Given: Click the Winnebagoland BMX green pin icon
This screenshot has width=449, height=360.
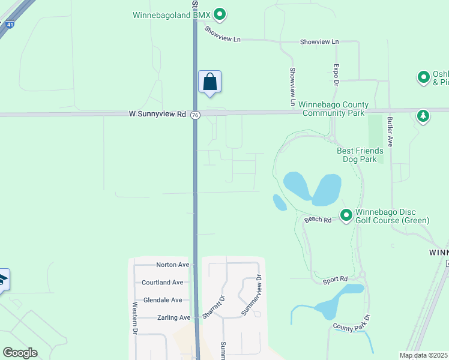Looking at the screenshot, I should (x=220, y=13).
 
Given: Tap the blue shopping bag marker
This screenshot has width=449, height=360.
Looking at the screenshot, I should (x=209, y=82).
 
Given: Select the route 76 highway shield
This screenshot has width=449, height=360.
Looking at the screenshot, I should (x=195, y=115).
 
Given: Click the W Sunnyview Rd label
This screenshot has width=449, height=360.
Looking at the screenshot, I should (x=157, y=113).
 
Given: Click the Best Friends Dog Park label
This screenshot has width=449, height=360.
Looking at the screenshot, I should (x=357, y=155).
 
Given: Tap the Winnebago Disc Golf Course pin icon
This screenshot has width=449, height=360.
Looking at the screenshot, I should (x=346, y=215).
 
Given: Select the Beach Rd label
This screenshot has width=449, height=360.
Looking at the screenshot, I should (x=318, y=220).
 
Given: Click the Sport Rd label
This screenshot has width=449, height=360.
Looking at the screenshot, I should (x=335, y=279).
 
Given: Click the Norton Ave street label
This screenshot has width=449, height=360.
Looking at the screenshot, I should (x=172, y=265).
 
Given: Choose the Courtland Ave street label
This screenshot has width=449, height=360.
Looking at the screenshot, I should (x=162, y=283).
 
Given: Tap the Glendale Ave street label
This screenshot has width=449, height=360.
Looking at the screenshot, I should (x=163, y=300).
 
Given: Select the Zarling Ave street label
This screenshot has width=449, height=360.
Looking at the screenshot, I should (x=173, y=317).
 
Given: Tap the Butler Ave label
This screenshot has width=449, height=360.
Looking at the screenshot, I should (x=390, y=132).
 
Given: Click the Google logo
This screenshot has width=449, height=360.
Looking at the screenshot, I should (x=20, y=353).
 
